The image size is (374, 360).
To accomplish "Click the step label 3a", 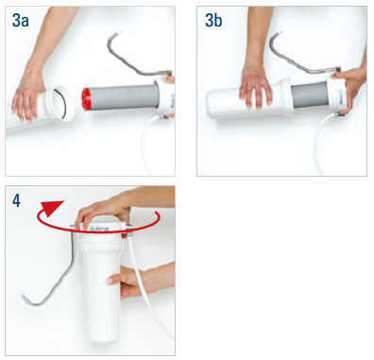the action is [20, 21].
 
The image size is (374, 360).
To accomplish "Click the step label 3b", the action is [213, 21].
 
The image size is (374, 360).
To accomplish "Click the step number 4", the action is [16, 200].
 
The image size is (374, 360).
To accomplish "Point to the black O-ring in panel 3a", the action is [61, 104].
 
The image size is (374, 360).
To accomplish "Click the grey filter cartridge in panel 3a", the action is [123, 97].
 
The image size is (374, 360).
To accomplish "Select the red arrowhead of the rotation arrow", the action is [51, 208].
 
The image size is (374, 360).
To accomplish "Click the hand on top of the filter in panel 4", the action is [104, 210].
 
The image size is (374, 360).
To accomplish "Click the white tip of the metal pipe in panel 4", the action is [22, 294].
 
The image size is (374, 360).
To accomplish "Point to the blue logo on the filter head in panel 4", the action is [92, 228].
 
